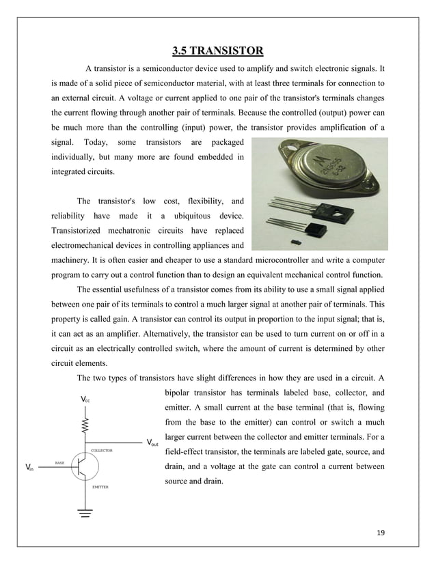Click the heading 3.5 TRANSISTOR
coord(217,50)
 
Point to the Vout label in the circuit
coord(154,442)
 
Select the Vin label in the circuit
coord(29,468)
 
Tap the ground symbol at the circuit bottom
coord(85,513)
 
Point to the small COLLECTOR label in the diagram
coord(102,451)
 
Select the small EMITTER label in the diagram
coord(100,488)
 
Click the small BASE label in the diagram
coord(61,463)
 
